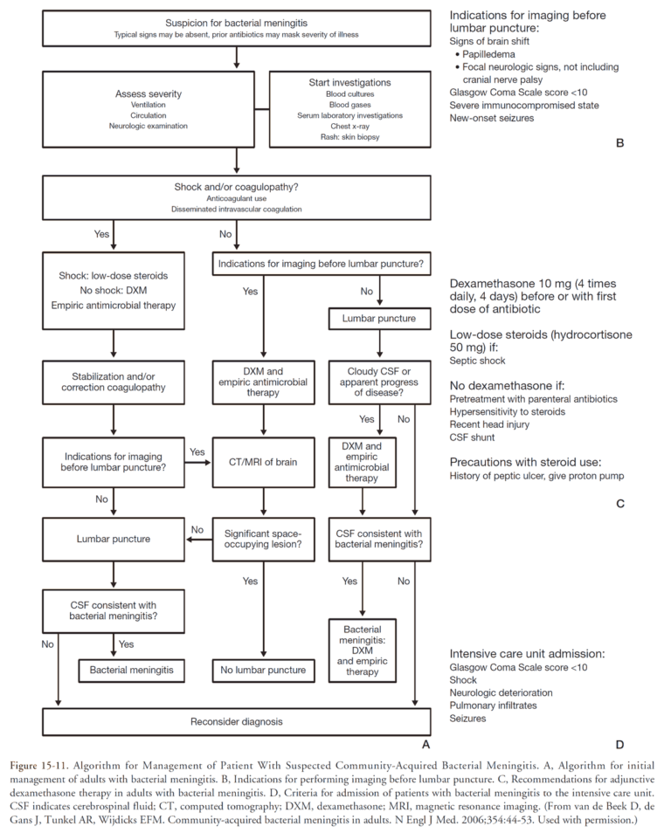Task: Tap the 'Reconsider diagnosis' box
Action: pyautogui.click(x=237, y=722)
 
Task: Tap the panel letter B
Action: pyautogui.click(x=619, y=140)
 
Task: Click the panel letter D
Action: pyautogui.click(x=619, y=745)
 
